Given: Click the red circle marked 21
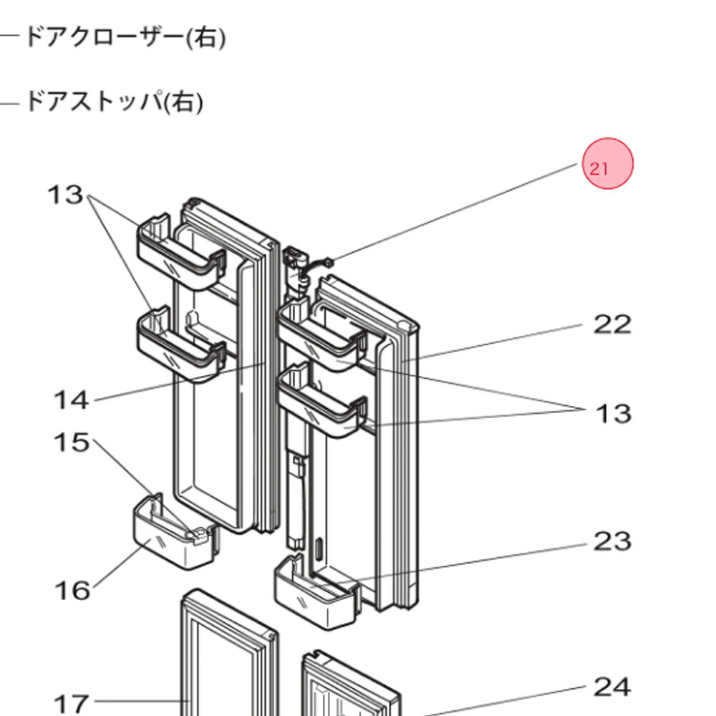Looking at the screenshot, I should tap(608, 164).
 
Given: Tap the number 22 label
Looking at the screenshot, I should tap(612, 325).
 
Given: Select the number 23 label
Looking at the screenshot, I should tap(612, 541).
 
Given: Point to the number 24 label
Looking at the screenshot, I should tap(612, 687).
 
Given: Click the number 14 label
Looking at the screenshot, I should tap(72, 400).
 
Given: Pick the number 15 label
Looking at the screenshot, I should tap(72, 442).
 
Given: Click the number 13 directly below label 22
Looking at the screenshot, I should tap(614, 414).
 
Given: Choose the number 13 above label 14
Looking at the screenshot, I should tap(66, 195).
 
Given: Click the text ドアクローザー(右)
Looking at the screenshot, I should tap(125, 37).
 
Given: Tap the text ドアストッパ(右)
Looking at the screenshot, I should tap(115, 102).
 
